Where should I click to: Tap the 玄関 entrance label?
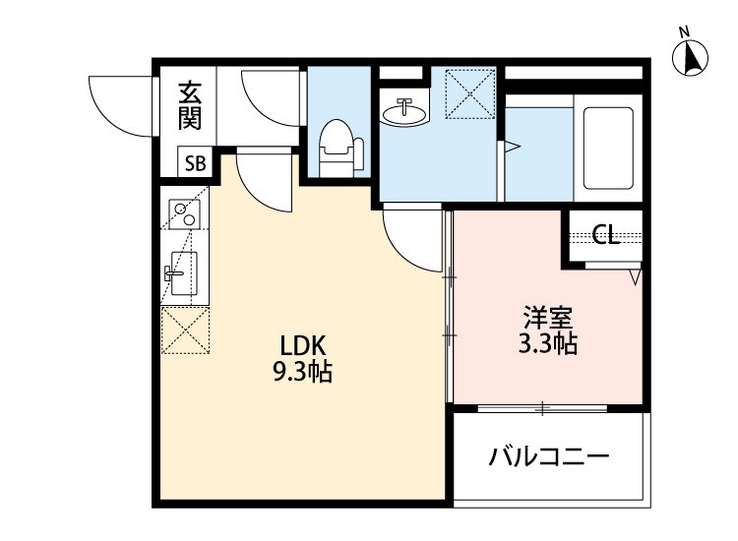pos(190,106)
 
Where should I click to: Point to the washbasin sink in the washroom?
pos(403,114)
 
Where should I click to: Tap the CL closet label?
pos(605,235)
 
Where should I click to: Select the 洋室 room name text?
pos(547,318)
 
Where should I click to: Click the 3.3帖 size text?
pos(547,344)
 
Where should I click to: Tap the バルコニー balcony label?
pos(549,457)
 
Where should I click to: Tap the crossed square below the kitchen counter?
pos(184,329)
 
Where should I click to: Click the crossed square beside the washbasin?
pos(467,91)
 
